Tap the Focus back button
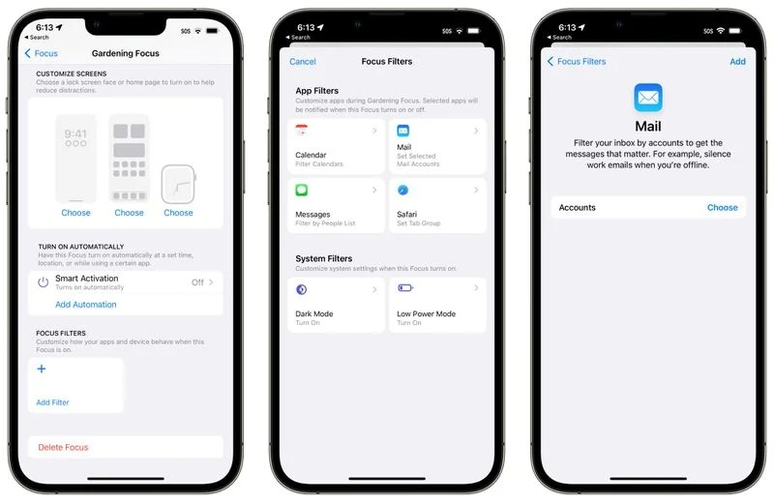[41, 53]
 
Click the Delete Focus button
[63, 448]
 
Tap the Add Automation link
[85, 305]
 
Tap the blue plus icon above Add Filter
[41, 369]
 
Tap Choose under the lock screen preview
[75, 213]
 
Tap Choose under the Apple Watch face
[178, 213]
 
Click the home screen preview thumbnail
[129, 159]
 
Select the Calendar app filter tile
[336, 147]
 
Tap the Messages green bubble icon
[302, 191]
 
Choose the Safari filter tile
[437, 206]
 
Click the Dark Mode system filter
[336, 305]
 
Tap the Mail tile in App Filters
[437, 147]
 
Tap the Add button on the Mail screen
[737, 61]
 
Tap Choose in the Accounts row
[722, 208]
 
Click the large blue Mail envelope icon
[647, 98]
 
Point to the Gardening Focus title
[125, 53]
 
